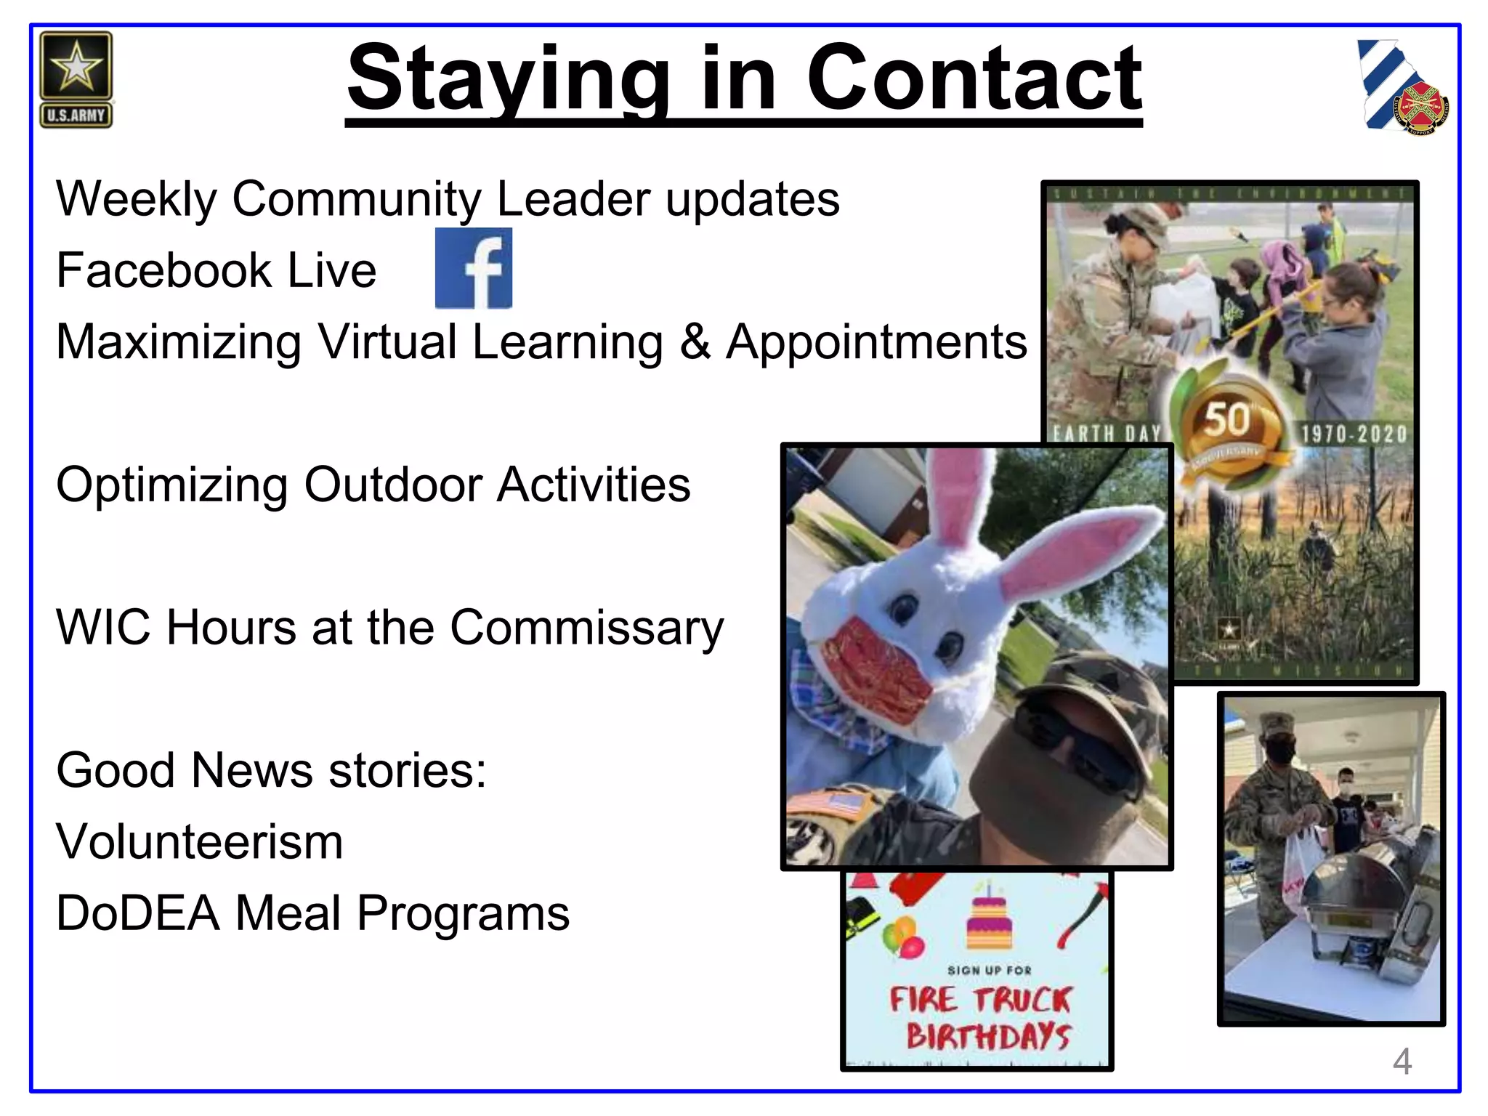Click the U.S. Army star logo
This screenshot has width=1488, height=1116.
click(76, 79)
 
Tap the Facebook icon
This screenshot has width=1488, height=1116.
click(474, 268)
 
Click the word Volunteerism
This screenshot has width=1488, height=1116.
click(200, 842)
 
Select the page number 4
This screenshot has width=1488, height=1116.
click(1402, 1062)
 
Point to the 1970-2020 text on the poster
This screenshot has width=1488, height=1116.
click(1354, 434)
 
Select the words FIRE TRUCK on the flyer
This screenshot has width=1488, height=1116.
click(981, 1000)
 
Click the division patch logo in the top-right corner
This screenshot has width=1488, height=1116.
click(1402, 88)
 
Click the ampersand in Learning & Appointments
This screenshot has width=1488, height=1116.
click(695, 341)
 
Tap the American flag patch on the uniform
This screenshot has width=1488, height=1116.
click(833, 805)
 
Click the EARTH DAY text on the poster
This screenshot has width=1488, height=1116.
click(1107, 434)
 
